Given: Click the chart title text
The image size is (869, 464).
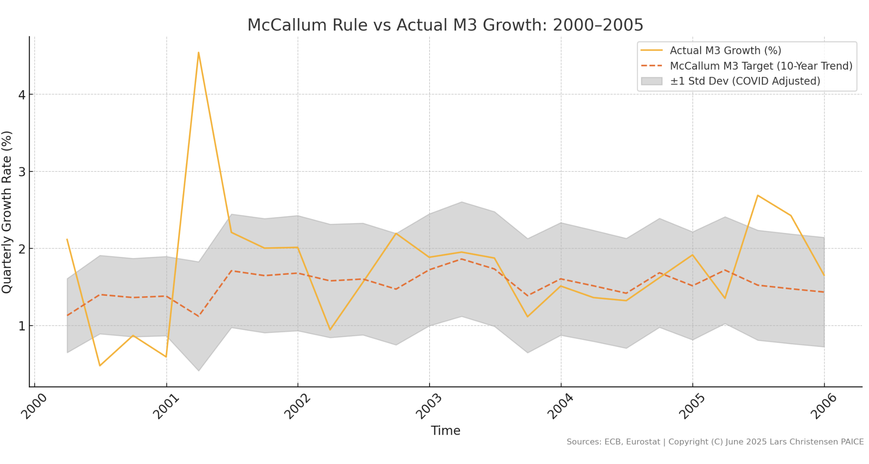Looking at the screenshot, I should click(445, 25).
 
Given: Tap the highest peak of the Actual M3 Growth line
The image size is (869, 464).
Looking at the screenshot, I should click(199, 53).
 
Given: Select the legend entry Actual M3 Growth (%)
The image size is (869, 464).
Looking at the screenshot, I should click(725, 51).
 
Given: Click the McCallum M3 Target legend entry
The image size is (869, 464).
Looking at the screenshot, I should click(761, 66).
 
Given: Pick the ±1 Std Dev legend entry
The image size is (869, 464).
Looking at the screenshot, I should click(745, 81).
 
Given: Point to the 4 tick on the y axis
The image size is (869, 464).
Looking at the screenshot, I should click(22, 95).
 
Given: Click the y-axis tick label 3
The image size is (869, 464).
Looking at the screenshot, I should click(22, 172).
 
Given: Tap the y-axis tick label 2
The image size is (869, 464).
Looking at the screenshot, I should click(22, 249).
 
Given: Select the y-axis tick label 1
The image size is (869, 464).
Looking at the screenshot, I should click(22, 326).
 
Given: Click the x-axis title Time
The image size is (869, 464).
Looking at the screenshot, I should click(445, 431).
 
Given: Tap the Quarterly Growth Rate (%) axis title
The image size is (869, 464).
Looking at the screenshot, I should click(7, 212).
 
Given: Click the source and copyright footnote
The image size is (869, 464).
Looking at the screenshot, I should click(715, 442).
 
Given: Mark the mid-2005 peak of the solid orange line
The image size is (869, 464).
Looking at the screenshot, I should click(757, 195).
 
